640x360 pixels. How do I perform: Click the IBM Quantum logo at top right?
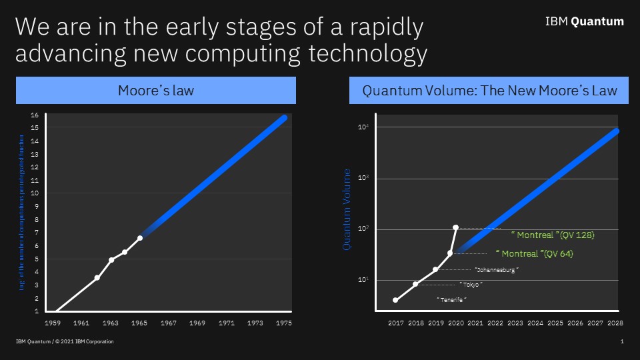pyautogui.click(x=584, y=21)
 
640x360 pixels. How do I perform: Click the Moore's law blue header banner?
pyautogui.click(x=155, y=90)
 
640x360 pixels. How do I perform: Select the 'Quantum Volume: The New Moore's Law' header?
pyautogui.click(x=489, y=90)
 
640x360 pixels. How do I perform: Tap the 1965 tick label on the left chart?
pyautogui.click(x=139, y=323)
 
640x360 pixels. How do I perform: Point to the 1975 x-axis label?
pyautogui.click(x=283, y=323)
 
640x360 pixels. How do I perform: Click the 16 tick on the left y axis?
pyautogui.click(x=35, y=115)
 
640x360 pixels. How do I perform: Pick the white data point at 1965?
pyautogui.click(x=140, y=238)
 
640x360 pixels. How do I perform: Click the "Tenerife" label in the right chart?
pyautogui.click(x=451, y=300)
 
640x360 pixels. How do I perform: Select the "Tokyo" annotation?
pyautogui.click(x=471, y=285)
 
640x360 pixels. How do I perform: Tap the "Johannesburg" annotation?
pyautogui.click(x=496, y=270)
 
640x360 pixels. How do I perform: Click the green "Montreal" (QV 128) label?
pyautogui.click(x=552, y=235)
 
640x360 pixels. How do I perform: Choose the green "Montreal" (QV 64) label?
pyautogui.click(x=535, y=254)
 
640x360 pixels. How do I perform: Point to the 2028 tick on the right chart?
pyautogui.click(x=614, y=323)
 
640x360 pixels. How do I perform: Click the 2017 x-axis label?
pyautogui.click(x=395, y=323)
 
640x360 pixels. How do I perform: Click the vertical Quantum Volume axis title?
pyautogui.click(x=347, y=209)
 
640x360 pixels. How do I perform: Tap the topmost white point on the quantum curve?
pyautogui.click(x=455, y=227)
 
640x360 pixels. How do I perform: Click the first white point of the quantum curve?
pyautogui.click(x=395, y=300)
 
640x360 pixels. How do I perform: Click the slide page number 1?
pyautogui.click(x=621, y=342)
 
